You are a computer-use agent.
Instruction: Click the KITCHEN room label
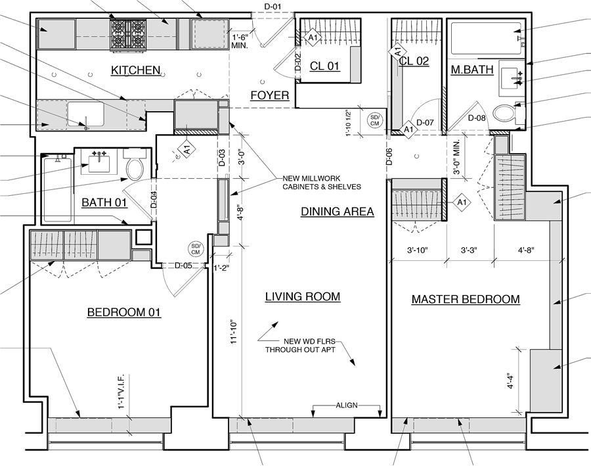tap(136, 70)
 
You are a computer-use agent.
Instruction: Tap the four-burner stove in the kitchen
tap(128, 35)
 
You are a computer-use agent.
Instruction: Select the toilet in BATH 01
tap(135, 164)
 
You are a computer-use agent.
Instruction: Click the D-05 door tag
tap(183, 266)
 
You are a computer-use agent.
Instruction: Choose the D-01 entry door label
tap(272, 7)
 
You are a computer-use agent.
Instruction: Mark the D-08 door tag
tap(477, 118)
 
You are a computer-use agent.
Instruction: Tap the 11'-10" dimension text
tap(234, 332)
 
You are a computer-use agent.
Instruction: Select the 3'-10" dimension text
tap(418, 250)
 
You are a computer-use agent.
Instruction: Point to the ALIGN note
tap(347, 406)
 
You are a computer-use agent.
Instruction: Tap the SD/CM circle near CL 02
tap(375, 121)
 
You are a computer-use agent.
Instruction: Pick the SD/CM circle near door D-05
tap(196, 249)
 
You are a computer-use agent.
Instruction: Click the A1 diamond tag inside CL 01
tap(313, 37)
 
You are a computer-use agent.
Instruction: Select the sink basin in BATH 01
tap(99, 162)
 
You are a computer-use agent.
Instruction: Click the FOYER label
tap(270, 95)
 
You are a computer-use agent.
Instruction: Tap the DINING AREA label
tap(338, 212)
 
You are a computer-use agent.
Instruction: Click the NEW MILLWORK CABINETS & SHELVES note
tap(322, 183)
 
